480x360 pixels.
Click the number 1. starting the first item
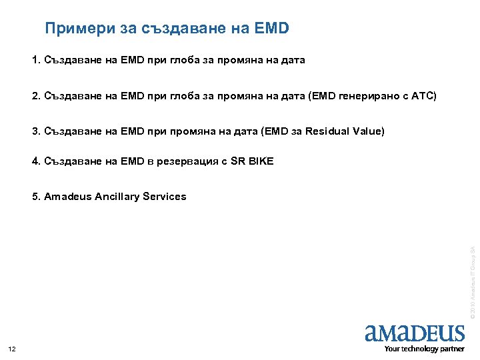(37, 61)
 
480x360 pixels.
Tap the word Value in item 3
(369, 131)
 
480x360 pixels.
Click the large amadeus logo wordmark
(415, 333)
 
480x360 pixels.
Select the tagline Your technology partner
(424, 349)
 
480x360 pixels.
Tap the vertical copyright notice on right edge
(471, 281)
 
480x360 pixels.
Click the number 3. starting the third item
(37, 131)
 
